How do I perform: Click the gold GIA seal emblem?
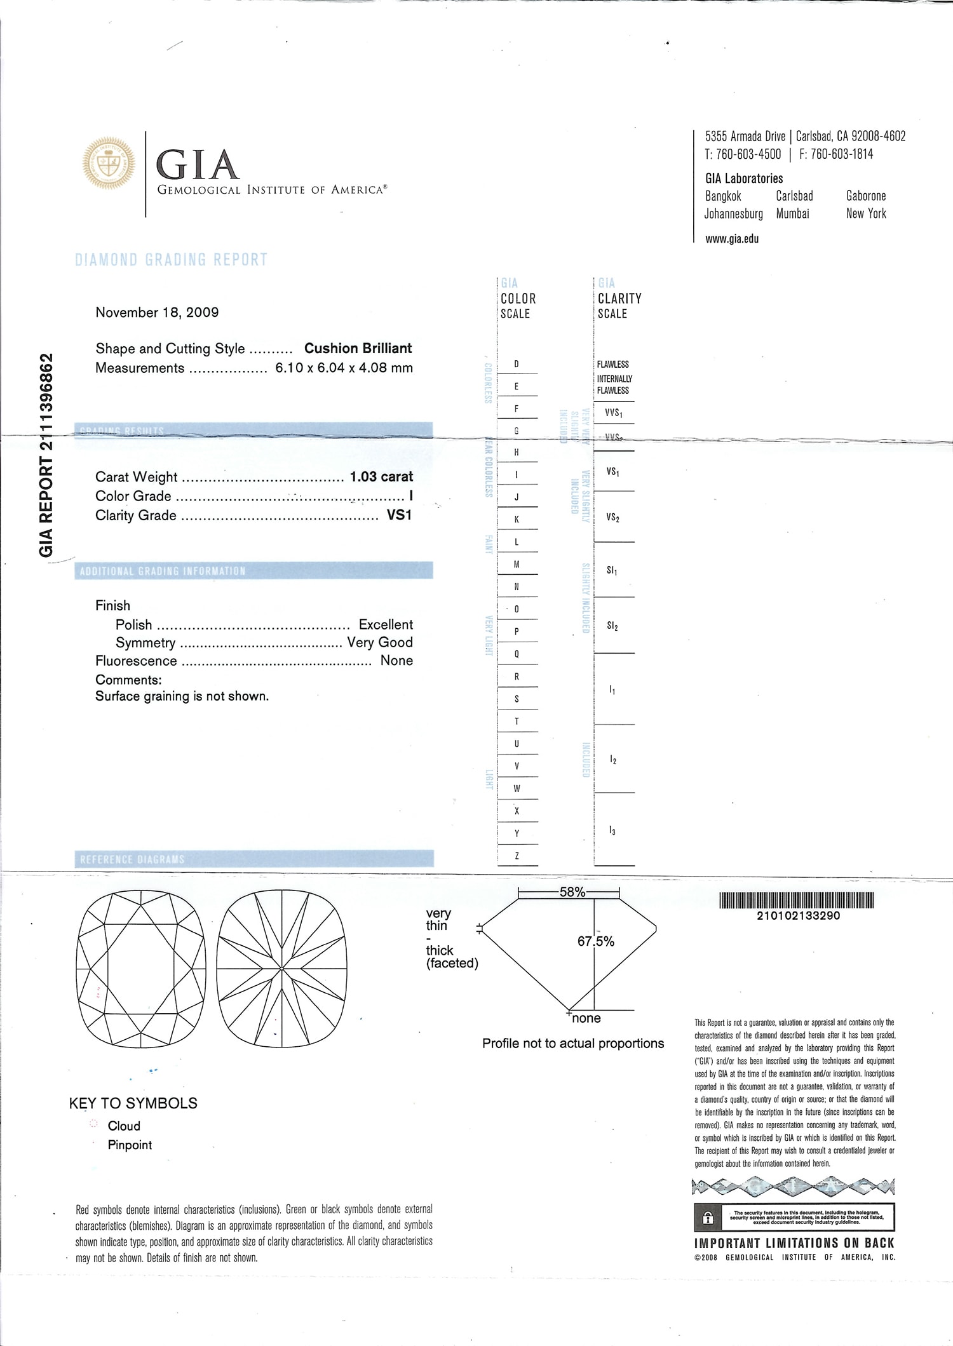tap(109, 163)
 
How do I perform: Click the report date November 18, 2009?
tap(157, 313)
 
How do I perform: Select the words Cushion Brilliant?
tap(358, 348)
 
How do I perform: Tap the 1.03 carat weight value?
tap(381, 476)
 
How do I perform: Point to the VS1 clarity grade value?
tap(399, 515)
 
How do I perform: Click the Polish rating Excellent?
tap(386, 624)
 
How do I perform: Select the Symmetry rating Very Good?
tap(380, 642)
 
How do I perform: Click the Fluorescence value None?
tap(396, 661)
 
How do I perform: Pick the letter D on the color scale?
tap(517, 364)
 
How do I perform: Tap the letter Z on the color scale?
tap(517, 856)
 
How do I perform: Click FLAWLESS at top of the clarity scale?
tap(612, 364)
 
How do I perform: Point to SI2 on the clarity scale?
tap(612, 626)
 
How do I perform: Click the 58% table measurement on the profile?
tap(572, 892)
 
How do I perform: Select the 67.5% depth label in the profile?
tap(595, 941)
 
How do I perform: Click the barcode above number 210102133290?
tap(796, 900)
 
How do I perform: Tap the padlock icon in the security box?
tap(708, 1218)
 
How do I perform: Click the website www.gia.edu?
tap(732, 239)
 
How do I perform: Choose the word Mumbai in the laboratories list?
tap(792, 214)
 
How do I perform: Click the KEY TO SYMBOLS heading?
tap(133, 1103)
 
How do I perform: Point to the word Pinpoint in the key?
tap(130, 1145)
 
